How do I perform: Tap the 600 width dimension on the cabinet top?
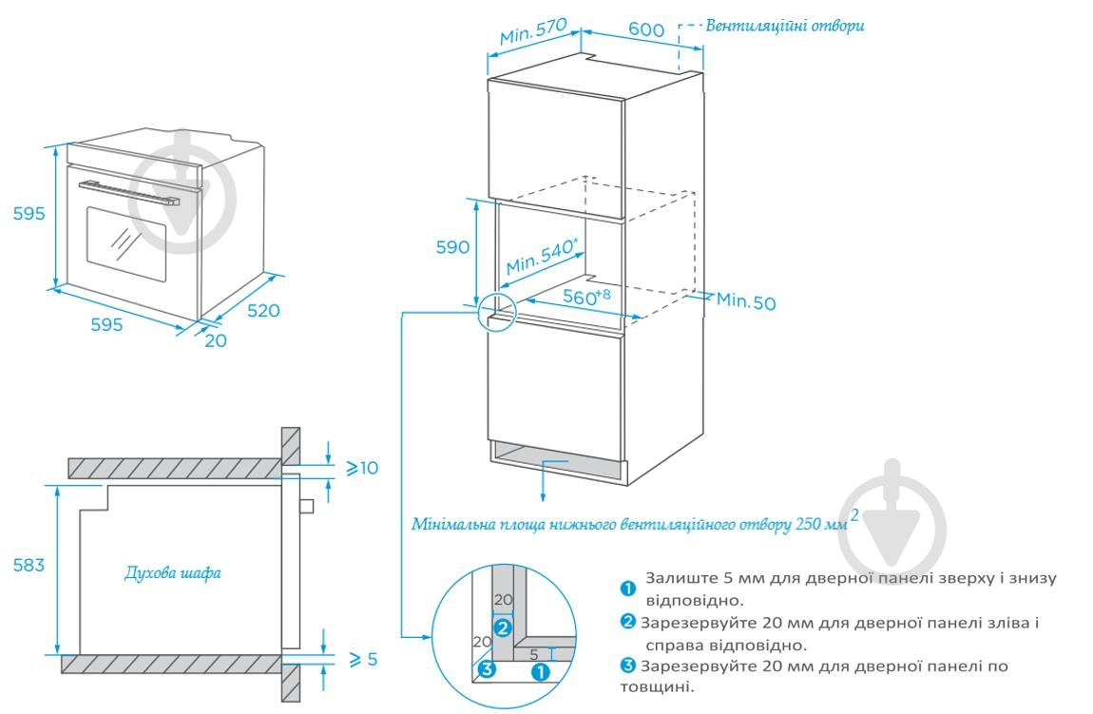pyautogui.click(x=645, y=29)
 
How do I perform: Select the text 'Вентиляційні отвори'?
pyautogui.click(x=784, y=26)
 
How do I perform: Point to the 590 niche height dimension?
pyautogui.click(x=453, y=247)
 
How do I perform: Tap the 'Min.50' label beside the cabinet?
pyautogui.click(x=746, y=301)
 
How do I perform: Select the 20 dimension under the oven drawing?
pyautogui.click(x=216, y=340)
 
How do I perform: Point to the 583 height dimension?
pyautogui.click(x=29, y=566)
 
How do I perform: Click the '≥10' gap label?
pyautogui.click(x=361, y=468)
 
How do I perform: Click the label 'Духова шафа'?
pyautogui.click(x=173, y=573)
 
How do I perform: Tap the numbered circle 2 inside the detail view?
pyautogui.click(x=503, y=627)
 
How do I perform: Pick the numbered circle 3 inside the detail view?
pyautogui.click(x=487, y=668)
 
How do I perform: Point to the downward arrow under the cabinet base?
pyautogui.click(x=543, y=484)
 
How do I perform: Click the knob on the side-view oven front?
pyautogui.click(x=306, y=506)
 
